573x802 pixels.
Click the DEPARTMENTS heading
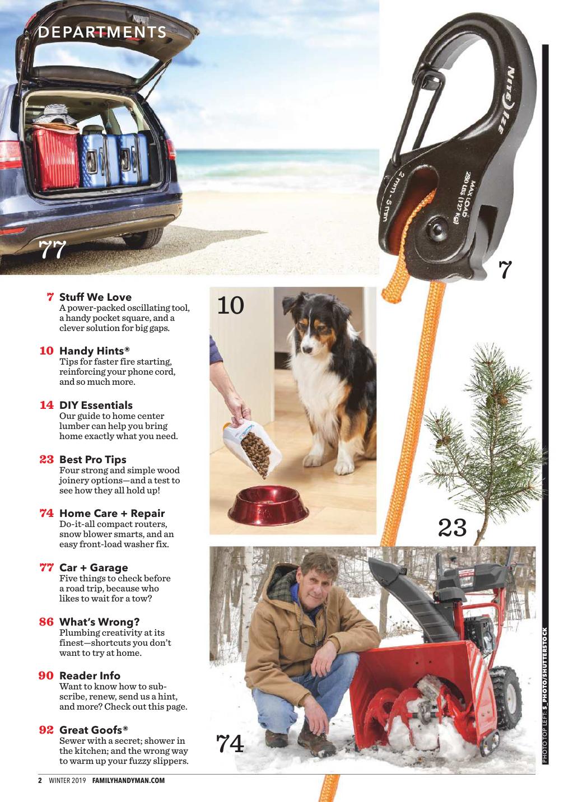(102, 32)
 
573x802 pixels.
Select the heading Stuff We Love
(95, 297)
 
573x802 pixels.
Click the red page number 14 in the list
(46, 405)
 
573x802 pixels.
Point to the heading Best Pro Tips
(93, 459)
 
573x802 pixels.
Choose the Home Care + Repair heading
(112, 513)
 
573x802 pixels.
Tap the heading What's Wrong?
(100, 622)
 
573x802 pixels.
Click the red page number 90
(46, 675)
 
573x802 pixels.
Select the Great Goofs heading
(94, 730)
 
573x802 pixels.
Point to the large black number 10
(230, 305)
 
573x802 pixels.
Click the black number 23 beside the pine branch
(453, 528)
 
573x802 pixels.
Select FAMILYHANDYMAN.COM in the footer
(129, 781)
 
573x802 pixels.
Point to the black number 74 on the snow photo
(230, 743)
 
